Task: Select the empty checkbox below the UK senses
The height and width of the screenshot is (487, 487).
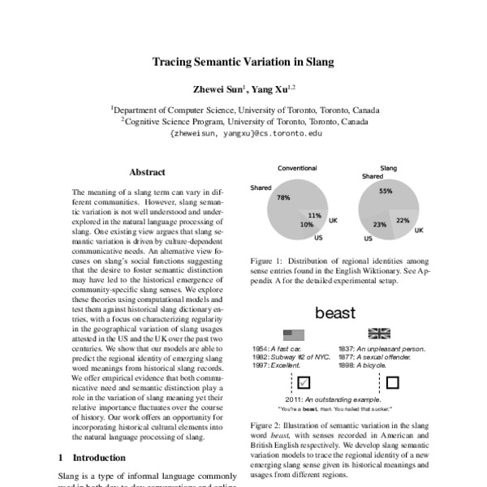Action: click(392, 381)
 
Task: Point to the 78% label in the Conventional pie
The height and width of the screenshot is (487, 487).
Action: click(283, 197)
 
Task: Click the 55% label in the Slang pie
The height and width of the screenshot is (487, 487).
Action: click(386, 191)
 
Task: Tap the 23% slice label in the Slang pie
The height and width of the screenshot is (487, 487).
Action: click(379, 224)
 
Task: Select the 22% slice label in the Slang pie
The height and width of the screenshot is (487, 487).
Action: click(403, 220)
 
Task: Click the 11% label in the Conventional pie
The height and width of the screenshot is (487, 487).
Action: click(315, 215)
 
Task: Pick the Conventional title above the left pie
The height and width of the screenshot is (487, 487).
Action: click(297, 168)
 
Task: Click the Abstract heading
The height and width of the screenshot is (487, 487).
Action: click(147, 172)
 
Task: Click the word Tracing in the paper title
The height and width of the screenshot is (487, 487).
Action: click(175, 60)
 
